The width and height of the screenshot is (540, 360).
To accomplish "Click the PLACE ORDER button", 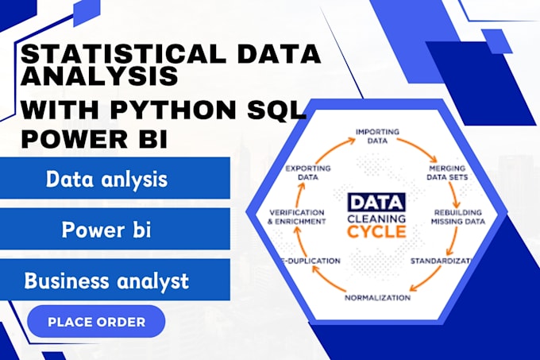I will [96, 322].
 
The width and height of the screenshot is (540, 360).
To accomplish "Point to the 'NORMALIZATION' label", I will [377, 297].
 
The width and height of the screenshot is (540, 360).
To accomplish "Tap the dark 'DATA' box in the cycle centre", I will [376, 202].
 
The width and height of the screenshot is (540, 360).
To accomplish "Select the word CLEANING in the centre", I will [376, 217].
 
